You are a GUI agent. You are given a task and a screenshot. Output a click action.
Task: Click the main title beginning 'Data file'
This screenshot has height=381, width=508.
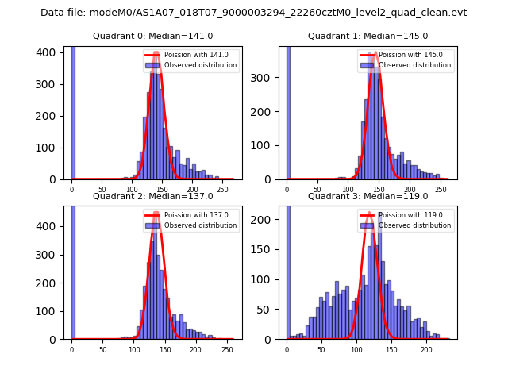(x=253, y=13)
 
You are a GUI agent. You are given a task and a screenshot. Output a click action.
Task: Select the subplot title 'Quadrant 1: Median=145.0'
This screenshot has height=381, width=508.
(x=368, y=36)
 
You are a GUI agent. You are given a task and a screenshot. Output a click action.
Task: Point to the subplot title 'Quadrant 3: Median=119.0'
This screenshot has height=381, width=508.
(x=368, y=196)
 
